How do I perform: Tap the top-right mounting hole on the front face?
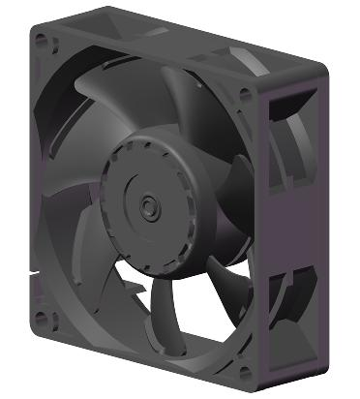coord(244,94)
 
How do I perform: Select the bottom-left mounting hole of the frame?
coord(39,316)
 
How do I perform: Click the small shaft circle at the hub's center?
coord(148,205)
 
